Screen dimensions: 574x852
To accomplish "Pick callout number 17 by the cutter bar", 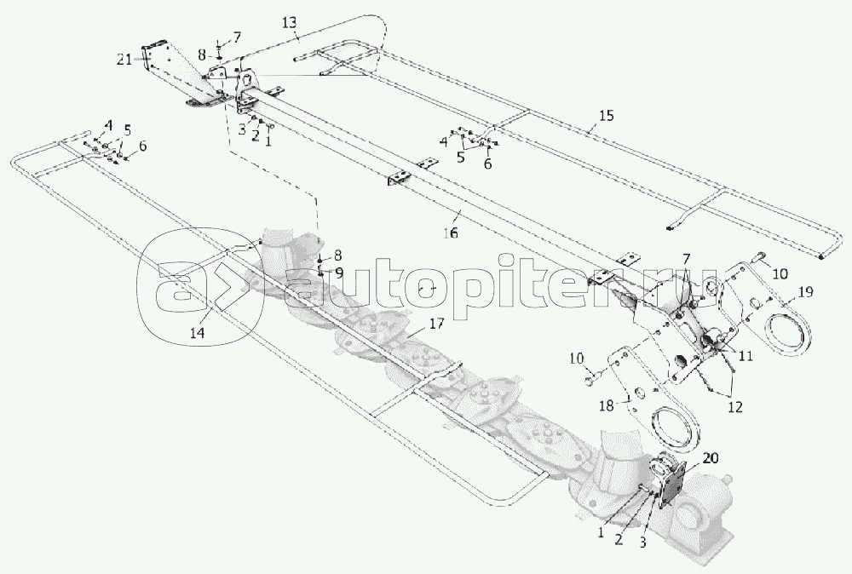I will pos(437,324).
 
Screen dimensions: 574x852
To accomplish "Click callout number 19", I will pos(805,291).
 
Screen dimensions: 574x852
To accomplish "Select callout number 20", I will pos(688,458).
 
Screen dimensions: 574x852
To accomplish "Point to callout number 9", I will pos(338,273).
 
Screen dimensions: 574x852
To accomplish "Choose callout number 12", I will pos(734,407).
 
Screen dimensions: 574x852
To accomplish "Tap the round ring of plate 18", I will pos(675,430).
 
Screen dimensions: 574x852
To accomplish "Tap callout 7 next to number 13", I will pos(236,37).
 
